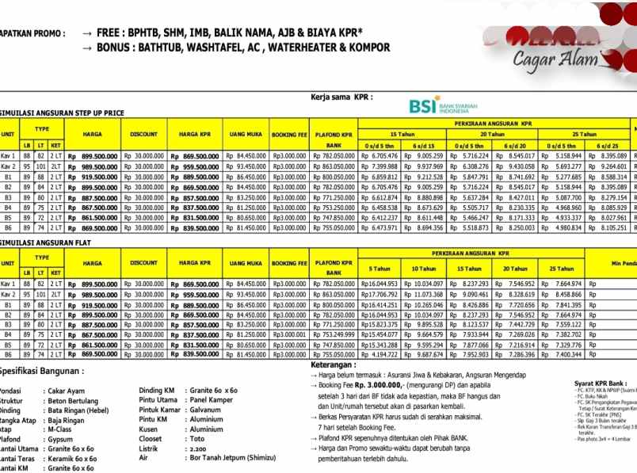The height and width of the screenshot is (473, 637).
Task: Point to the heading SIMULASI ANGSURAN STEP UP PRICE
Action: (x=62, y=113)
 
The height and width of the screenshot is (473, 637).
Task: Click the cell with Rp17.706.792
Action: (x=379, y=294)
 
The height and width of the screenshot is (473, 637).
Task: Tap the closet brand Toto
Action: (x=196, y=437)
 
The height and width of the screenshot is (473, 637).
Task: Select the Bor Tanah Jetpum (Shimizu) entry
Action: (x=224, y=457)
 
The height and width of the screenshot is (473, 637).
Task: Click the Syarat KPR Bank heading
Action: (x=606, y=383)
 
